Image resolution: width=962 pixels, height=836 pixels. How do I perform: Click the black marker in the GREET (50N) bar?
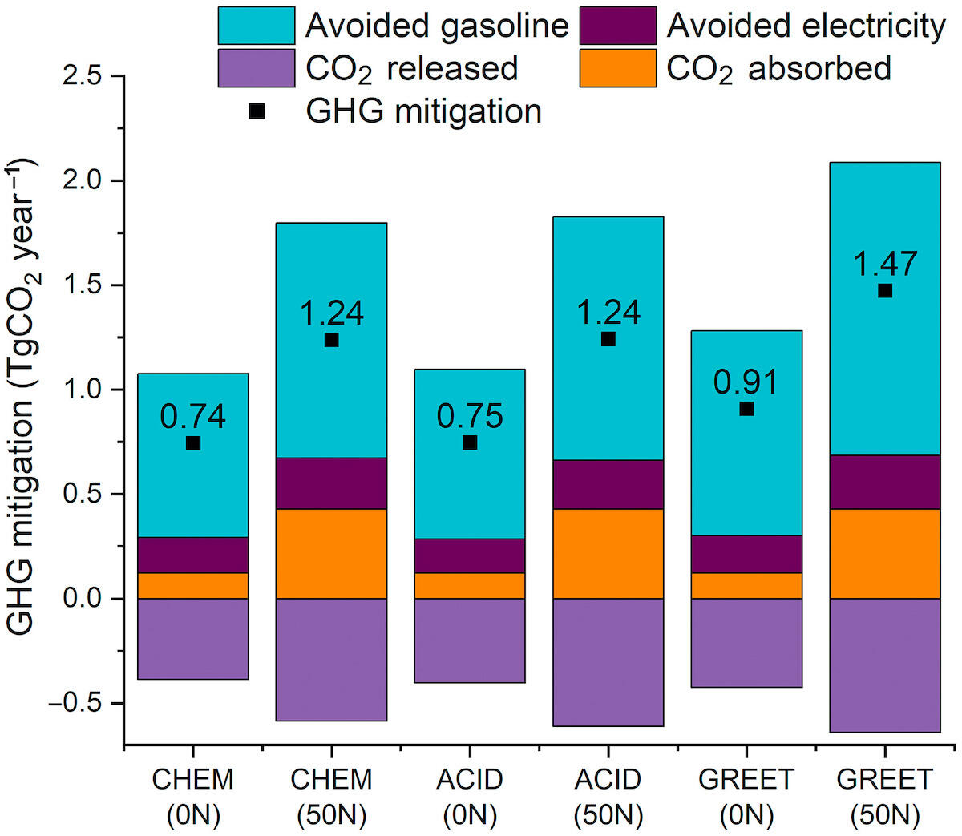pos(884,290)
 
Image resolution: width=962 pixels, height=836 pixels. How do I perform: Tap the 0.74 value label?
pos(193,417)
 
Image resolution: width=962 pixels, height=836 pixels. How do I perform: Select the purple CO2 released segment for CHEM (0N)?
pos(193,639)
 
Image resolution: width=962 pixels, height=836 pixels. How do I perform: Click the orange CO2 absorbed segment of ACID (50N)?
pos(608,553)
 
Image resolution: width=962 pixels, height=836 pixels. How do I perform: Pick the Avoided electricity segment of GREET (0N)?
pos(746,554)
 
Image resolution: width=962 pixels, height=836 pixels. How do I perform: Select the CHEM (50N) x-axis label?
pos(332,797)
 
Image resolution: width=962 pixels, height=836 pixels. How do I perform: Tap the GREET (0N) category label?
pos(746,797)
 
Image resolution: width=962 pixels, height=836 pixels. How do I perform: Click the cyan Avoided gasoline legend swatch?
pos(257,26)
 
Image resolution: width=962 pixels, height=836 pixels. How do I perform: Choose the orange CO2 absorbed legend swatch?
pos(617,68)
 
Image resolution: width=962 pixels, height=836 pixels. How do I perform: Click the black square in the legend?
pos(257,111)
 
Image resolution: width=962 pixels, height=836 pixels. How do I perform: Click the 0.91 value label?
pos(746,382)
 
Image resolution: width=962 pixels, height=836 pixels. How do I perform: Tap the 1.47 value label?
pos(884,264)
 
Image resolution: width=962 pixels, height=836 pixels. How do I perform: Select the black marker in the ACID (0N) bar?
pos(470,442)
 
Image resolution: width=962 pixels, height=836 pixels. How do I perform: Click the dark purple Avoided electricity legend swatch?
pos(617,26)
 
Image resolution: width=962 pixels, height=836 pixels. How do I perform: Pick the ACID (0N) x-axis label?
pos(470,797)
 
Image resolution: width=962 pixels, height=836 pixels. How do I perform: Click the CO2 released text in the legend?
pos(411,68)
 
